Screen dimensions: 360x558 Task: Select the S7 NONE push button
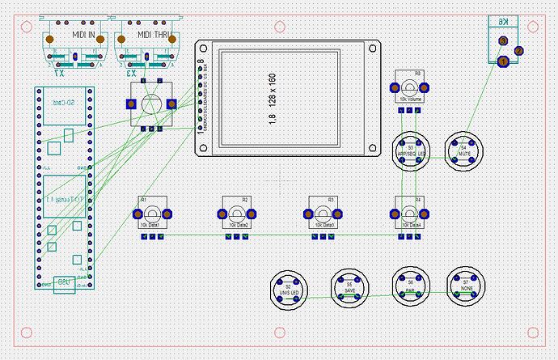[x=465, y=285]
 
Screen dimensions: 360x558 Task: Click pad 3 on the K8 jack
[x=503, y=40]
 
